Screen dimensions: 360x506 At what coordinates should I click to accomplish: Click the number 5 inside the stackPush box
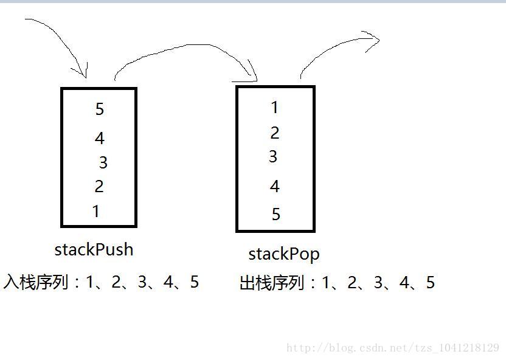click(x=100, y=109)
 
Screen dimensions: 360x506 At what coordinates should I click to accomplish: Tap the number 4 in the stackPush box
click(x=100, y=138)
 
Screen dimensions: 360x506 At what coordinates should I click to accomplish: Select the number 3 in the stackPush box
click(x=103, y=162)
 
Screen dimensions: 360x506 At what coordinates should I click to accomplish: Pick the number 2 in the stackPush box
click(x=99, y=186)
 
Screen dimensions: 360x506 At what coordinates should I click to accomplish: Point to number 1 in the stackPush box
click(x=96, y=211)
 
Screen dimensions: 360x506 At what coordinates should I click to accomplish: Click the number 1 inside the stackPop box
click(x=274, y=107)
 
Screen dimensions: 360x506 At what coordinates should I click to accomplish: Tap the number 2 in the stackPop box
click(x=274, y=132)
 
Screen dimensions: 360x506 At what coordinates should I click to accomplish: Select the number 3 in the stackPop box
click(x=273, y=156)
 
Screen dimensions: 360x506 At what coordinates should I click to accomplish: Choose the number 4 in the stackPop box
click(x=274, y=185)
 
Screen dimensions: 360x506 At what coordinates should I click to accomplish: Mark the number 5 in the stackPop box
click(x=276, y=214)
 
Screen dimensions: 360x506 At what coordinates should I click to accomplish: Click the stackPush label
click(x=94, y=249)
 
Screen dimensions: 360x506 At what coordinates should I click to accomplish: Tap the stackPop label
click(x=283, y=254)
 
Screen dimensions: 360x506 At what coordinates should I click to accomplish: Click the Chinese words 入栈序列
click(x=36, y=282)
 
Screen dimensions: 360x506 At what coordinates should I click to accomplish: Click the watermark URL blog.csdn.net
click(x=393, y=348)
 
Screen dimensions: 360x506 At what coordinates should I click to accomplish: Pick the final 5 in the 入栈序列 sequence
click(x=194, y=282)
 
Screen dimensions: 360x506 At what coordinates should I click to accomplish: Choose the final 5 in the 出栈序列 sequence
click(x=430, y=283)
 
